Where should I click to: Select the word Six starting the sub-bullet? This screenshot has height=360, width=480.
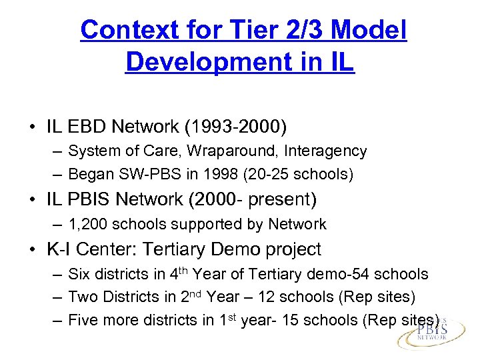80,274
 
